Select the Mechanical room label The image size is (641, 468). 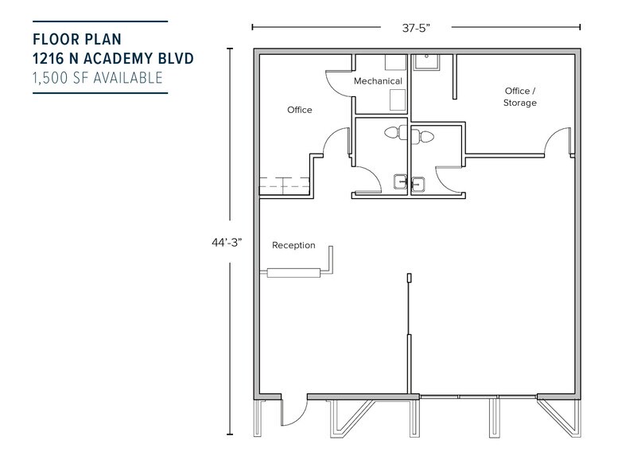(378, 81)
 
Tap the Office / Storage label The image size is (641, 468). (520, 96)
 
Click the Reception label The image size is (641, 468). (293, 245)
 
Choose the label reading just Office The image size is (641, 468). (299, 110)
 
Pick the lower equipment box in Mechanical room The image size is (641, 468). (395, 99)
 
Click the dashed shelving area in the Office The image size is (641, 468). (283, 185)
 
